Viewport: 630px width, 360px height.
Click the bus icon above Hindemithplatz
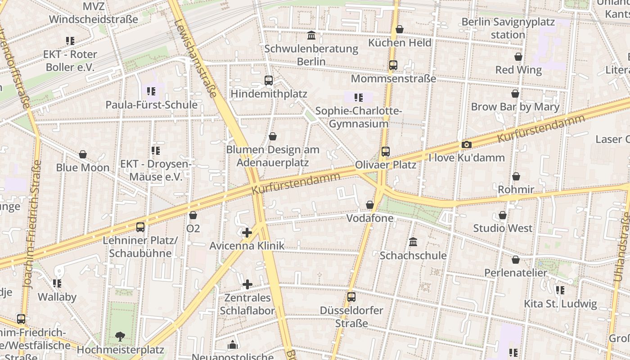[x=269, y=81]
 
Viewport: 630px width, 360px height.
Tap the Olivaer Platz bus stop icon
[x=386, y=152]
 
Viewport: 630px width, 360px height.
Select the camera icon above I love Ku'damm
[x=467, y=144]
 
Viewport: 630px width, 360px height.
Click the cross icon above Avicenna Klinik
[x=247, y=233]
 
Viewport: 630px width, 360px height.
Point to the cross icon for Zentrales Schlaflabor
[x=247, y=284]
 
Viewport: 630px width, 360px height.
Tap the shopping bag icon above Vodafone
[x=370, y=205]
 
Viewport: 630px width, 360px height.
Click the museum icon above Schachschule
[x=413, y=242]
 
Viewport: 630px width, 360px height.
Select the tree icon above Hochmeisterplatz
[x=120, y=336]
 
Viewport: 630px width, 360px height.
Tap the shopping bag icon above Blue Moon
[x=83, y=154]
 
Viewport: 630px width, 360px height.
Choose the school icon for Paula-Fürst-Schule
[x=151, y=91]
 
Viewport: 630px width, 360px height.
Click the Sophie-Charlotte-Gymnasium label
[x=358, y=117]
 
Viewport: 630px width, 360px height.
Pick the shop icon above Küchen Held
[x=400, y=30]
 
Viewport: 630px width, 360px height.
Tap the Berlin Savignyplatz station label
[x=508, y=28]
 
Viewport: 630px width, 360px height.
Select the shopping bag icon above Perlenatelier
[x=516, y=260]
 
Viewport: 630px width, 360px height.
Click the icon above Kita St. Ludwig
[x=560, y=290]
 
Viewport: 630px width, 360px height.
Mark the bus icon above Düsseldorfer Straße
[x=351, y=297]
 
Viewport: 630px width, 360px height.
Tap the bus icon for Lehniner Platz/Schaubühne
[x=140, y=227]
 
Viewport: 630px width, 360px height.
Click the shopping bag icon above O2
[x=193, y=216]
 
